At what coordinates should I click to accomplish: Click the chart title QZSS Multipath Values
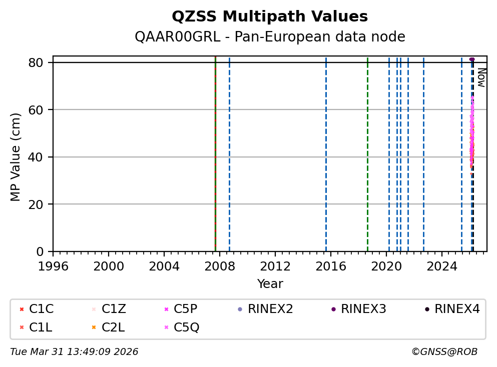coord(270,17)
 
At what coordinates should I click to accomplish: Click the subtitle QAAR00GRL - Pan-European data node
coord(270,37)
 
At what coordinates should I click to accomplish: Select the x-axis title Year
coord(270,284)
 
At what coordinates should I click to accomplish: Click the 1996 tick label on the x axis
coord(54,265)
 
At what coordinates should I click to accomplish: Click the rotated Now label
coord(481,77)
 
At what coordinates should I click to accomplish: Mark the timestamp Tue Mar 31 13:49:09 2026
coord(74,352)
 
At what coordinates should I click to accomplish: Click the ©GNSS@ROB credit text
coord(444,352)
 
